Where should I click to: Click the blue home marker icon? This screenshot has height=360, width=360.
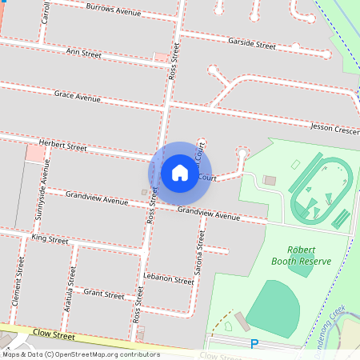pyautogui.click(x=180, y=173)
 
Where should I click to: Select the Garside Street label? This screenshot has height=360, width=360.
pyautogui.click(x=251, y=44)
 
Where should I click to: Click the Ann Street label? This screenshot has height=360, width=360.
pyautogui.click(x=83, y=54)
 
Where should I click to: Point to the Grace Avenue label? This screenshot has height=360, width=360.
pyautogui.click(x=77, y=96)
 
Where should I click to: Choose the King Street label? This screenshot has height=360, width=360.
pyautogui.click(x=50, y=238)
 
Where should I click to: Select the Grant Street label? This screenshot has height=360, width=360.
pyautogui.click(x=104, y=294)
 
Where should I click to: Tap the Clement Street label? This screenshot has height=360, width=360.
pyautogui.click(x=17, y=282)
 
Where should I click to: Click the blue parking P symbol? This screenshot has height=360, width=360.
pyautogui.click(x=255, y=344)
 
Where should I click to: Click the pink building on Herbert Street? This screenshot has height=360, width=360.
pyautogui.click(x=35, y=153)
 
